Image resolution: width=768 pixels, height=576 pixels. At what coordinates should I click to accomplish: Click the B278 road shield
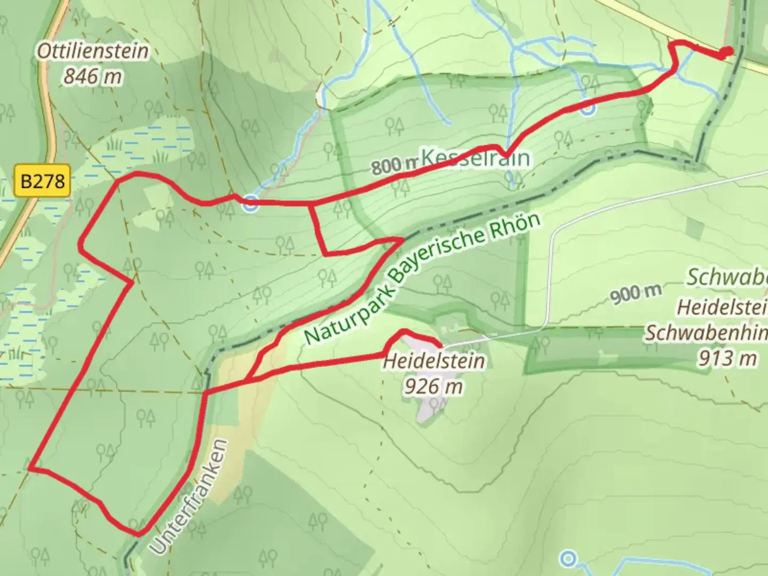(x=43, y=181)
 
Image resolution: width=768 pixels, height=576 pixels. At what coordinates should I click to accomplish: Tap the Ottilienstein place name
(x=93, y=51)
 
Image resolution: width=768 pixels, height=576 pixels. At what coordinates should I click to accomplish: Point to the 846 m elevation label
(x=93, y=77)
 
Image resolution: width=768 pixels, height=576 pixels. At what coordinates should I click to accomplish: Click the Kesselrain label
(x=476, y=158)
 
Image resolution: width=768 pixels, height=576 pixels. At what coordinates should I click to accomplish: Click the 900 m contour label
(x=636, y=292)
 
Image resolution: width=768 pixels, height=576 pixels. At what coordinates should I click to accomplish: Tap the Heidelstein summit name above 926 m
(x=434, y=361)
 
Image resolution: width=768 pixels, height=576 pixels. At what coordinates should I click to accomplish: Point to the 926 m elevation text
(x=433, y=386)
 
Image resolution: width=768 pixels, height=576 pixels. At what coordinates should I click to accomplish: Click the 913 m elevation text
(x=727, y=358)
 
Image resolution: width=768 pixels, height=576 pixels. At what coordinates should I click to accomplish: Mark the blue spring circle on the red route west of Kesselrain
(x=250, y=203)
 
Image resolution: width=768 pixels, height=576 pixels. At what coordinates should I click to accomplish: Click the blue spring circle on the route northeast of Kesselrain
(x=587, y=109)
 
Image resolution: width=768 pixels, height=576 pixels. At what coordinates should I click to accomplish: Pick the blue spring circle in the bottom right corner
(x=569, y=558)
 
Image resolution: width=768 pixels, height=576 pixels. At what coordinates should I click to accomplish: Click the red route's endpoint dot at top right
(x=726, y=52)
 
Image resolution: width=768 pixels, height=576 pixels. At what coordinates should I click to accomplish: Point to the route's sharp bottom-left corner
(x=31, y=468)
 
